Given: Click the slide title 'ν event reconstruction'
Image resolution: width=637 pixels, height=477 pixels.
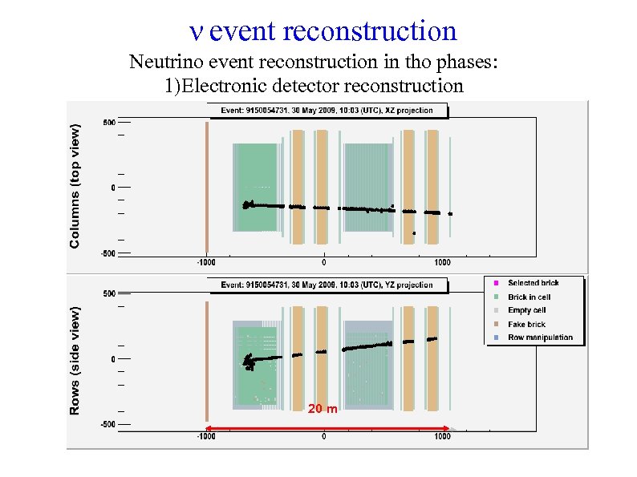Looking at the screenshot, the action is [322, 31].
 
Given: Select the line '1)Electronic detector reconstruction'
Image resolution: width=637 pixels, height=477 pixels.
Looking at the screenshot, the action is [314, 86].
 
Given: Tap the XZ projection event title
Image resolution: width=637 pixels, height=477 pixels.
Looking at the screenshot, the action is [320, 111].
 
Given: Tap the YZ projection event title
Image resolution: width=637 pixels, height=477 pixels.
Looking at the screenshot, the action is [327, 285].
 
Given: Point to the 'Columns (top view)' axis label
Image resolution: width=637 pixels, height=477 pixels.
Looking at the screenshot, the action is [75, 184].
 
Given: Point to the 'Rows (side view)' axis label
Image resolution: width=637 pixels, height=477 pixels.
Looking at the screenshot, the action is [75, 360].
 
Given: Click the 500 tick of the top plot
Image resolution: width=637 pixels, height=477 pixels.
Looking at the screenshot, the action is [108, 123].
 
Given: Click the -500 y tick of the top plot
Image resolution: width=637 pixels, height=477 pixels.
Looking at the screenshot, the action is [107, 253].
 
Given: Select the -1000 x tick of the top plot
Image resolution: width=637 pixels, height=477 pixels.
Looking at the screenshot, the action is [206, 262].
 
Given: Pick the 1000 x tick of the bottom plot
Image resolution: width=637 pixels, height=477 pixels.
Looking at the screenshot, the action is [442, 437].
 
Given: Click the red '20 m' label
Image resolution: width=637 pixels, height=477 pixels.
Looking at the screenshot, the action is [323, 410].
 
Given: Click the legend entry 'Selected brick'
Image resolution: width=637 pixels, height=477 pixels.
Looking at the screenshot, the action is [534, 283].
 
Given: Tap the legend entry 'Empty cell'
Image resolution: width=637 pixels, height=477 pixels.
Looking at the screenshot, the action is [526, 310].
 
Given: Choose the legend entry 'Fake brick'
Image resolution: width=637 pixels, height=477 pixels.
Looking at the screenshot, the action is [526, 324].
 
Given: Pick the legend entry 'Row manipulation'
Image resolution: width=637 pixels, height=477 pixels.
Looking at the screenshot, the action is [540, 338].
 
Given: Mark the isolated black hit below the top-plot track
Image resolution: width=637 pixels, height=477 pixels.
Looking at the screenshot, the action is [414, 233].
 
